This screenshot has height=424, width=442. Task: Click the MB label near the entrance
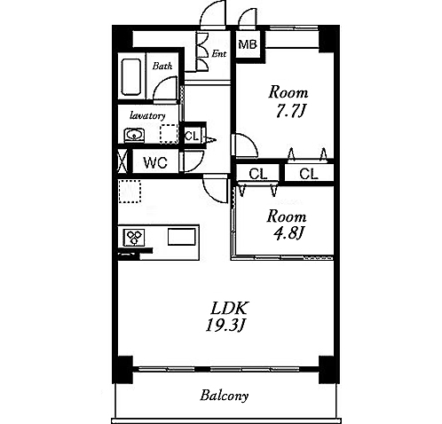[248, 44]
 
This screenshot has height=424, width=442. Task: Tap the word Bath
[162, 66]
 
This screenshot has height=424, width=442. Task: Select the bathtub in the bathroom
[131, 76]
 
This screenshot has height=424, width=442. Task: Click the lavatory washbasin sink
[134, 136]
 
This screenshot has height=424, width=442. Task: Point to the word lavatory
[147, 115]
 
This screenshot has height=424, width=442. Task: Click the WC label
[155, 162]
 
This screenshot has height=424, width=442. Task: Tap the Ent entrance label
[219, 54]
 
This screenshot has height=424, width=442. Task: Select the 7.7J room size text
[290, 112]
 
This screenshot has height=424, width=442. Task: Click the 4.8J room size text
[288, 234]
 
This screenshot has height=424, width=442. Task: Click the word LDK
[228, 309]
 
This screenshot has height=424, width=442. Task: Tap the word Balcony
[224, 396]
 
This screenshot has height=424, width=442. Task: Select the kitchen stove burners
[134, 238]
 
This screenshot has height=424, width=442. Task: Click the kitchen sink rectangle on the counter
[182, 237]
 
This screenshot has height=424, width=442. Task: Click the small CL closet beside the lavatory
[192, 137]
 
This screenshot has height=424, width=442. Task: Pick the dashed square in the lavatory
[169, 134]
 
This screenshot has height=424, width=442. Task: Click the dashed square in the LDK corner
[130, 192]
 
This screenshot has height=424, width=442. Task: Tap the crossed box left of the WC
[122, 161]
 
